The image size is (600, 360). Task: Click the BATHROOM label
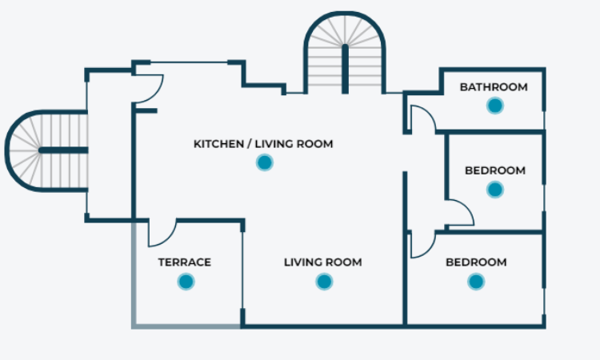point(494,87)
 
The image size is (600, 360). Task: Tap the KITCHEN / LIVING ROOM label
point(263,144)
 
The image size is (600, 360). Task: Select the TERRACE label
point(185,262)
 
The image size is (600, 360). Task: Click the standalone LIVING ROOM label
point(323,262)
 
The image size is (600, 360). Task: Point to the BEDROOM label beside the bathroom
point(494,170)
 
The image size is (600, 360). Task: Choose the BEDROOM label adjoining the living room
point(476,262)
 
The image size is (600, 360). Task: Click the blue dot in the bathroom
point(494,105)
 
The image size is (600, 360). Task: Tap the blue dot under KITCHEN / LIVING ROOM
point(264,162)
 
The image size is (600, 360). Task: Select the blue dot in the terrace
point(186,281)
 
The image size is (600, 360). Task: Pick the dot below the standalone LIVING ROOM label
point(323,281)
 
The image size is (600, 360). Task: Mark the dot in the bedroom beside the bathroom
point(494,190)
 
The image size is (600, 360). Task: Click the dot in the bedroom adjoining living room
point(476,281)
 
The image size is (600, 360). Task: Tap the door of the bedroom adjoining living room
point(421,245)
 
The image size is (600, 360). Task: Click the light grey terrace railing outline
point(134,280)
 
